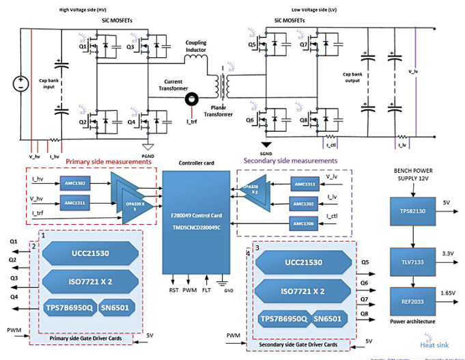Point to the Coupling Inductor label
(x=196, y=46)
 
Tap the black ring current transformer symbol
(x=193, y=100)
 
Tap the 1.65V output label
(x=448, y=292)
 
